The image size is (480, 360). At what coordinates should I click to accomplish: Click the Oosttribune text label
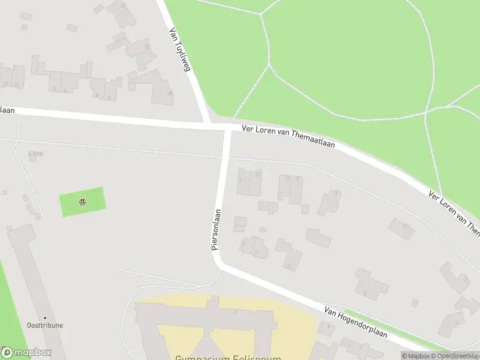(44, 325)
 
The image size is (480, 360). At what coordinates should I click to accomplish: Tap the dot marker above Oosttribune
(44, 317)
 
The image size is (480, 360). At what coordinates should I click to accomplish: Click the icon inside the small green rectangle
(82, 202)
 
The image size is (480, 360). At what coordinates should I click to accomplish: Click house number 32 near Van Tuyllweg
(147, 46)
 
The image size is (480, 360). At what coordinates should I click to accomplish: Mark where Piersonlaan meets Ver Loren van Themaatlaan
(227, 128)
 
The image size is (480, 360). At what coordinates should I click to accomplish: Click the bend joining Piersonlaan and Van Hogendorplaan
(218, 262)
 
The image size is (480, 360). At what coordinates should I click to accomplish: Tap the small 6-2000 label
(35, 154)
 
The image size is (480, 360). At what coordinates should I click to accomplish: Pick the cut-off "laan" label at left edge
(7, 110)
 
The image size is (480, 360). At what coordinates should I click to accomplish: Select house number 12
(5, 85)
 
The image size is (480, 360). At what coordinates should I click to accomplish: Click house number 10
(16, 85)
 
